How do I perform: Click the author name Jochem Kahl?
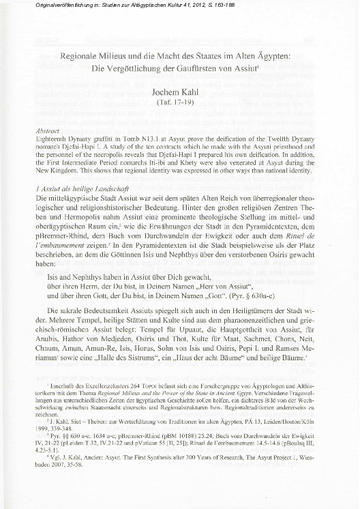point(179,100)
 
